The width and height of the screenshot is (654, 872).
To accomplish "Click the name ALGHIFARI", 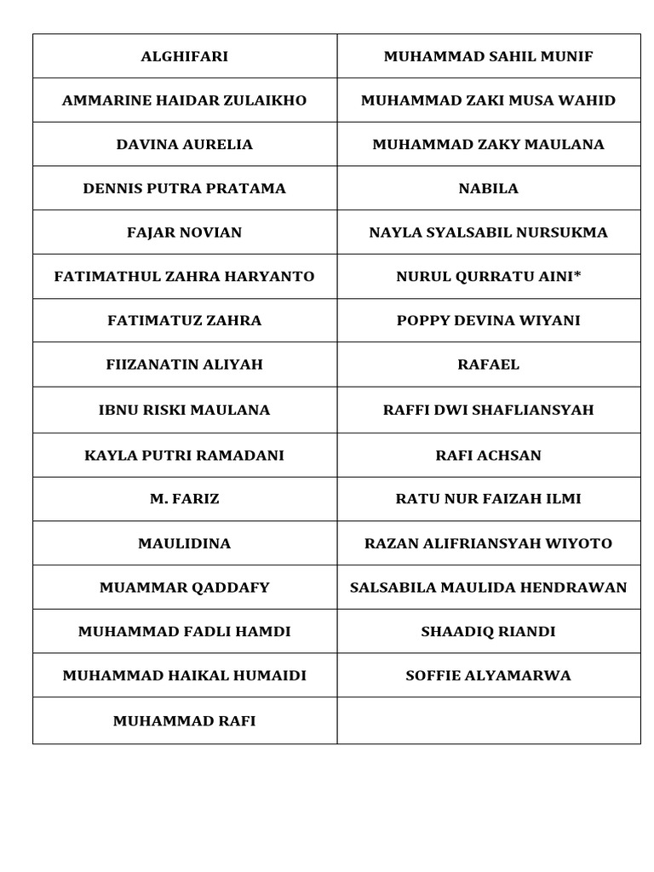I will pyautogui.click(x=184, y=57).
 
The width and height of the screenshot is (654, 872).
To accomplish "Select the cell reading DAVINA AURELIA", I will pyautogui.click(x=184, y=145).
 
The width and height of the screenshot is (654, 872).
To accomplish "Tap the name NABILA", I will pyautogui.click(x=488, y=189).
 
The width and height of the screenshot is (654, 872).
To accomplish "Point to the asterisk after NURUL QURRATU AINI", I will pyautogui.click(x=577, y=274).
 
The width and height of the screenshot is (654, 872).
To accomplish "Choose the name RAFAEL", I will pyautogui.click(x=488, y=365).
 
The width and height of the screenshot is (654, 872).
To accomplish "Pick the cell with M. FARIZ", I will pyautogui.click(x=184, y=499).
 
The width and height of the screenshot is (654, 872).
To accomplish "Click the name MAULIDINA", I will pyautogui.click(x=184, y=543).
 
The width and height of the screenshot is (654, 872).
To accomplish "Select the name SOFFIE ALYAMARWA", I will pyautogui.click(x=488, y=676).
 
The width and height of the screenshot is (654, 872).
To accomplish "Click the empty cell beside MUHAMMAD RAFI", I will pyautogui.click(x=488, y=720).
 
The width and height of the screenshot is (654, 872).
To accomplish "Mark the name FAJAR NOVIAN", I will pyautogui.click(x=184, y=233).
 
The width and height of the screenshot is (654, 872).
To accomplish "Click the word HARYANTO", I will pyautogui.click(x=274, y=277).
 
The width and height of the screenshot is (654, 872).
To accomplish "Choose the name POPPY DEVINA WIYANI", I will pyautogui.click(x=488, y=321).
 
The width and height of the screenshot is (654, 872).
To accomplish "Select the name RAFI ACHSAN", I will pyautogui.click(x=488, y=456).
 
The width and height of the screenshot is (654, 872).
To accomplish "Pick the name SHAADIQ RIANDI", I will pyautogui.click(x=488, y=632).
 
